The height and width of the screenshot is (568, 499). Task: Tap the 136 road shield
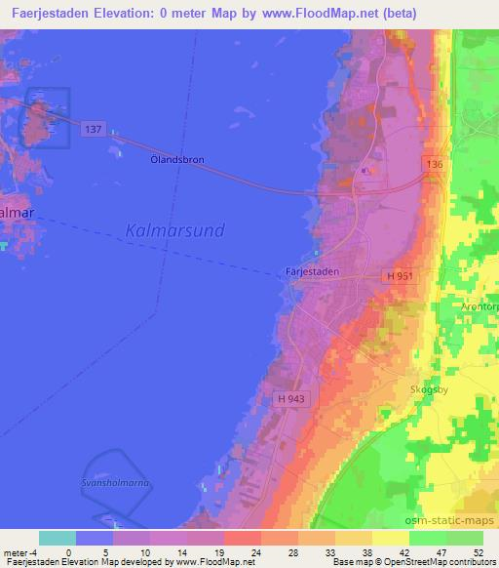point(435,165)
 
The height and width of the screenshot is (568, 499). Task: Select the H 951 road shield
point(400,276)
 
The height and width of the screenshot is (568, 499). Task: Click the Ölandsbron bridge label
point(175,158)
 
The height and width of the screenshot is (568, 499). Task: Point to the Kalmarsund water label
point(175,230)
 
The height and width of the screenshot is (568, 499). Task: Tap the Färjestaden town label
point(312,272)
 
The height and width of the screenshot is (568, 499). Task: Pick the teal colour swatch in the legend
point(57,538)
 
